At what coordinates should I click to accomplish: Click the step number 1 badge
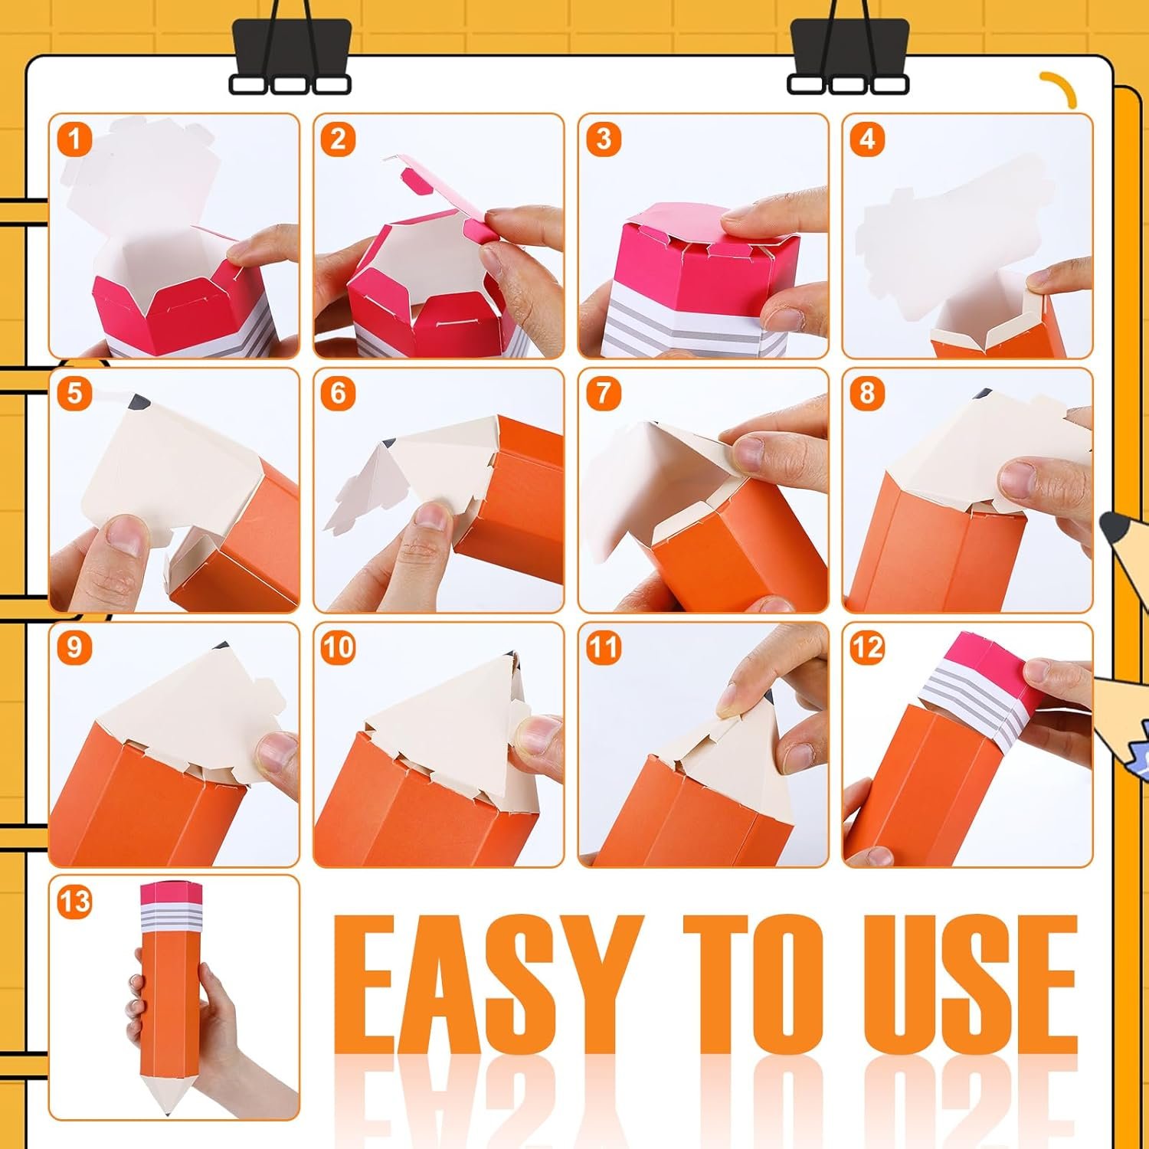[74, 139]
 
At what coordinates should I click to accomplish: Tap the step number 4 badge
[867, 139]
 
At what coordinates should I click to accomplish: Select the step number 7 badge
[603, 394]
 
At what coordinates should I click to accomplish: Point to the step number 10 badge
[338, 648]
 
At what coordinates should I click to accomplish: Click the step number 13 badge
[74, 902]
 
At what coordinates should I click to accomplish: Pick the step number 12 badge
[867, 648]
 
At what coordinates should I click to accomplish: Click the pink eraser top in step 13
[171, 892]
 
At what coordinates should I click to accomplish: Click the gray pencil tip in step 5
[140, 401]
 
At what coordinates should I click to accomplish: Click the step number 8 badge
[867, 394]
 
